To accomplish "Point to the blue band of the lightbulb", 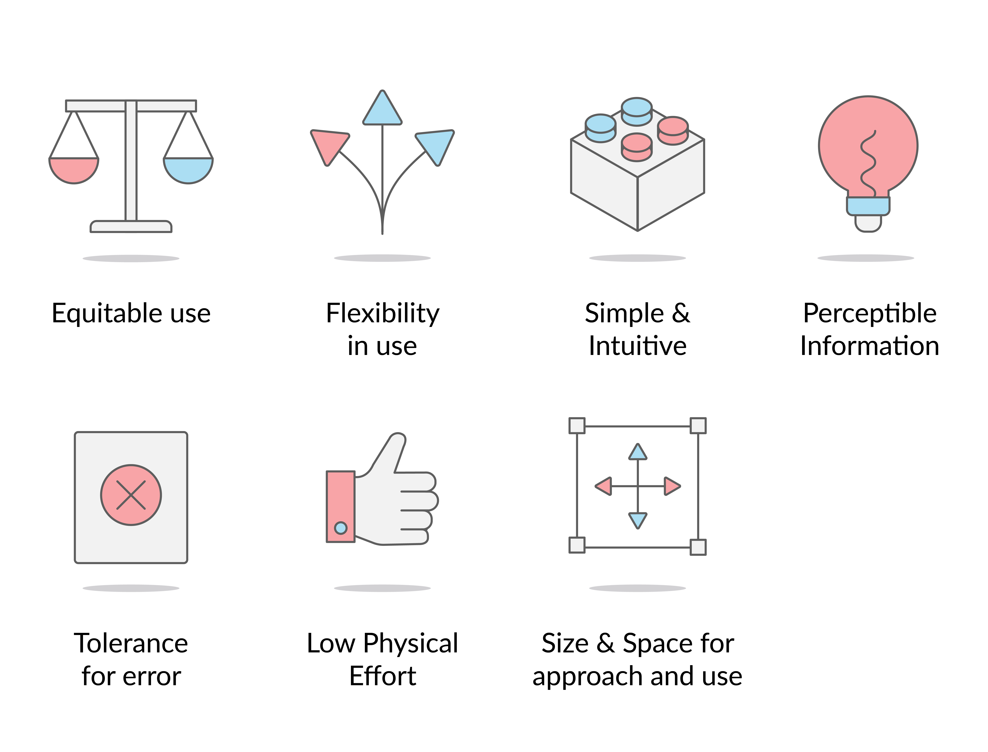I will coord(868,206).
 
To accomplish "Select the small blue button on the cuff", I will coord(340,528).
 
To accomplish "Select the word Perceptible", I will coord(869,313).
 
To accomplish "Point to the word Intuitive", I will coord(638,346).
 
